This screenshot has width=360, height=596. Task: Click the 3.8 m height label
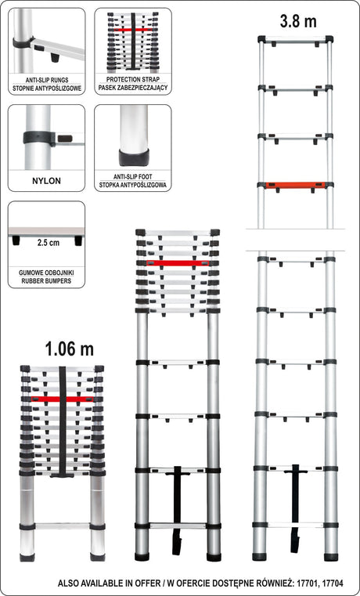pyautogui.click(x=298, y=22)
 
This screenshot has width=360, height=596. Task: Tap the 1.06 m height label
pyautogui.click(x=70, y=349)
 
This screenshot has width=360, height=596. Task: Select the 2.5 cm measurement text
pyautogui.click(x=49, y=243)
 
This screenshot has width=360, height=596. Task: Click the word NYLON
pyautogui.click(x=46, y=181)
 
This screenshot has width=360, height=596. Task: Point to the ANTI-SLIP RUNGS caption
pyautogui.click(x=46, y=80)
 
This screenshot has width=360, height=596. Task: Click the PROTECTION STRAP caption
pyautogui.click(x=133, y=79)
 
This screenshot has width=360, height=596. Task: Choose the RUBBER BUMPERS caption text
pyautogui.click(x=46, y=282)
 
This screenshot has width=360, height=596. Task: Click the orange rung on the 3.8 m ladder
pyautogui.click(x=296, y=186)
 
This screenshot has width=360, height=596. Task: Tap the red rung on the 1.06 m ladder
pyautogui.click(x=63, y=399)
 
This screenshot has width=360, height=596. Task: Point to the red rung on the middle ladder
pyautogui.click(x=178, y=262)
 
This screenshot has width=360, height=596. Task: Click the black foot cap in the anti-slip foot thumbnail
pyautogui.click(x=133, y=157)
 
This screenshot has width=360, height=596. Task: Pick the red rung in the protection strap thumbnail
pyautogui.click(x=133, y=30)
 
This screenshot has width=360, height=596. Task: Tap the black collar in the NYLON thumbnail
pyautogui.click(x=39, y=138)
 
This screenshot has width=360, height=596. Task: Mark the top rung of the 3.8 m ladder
pyautogui.click(x=296, y=39)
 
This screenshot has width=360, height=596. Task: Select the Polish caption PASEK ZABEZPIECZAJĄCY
pyautogui.click(x=133, y=88)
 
